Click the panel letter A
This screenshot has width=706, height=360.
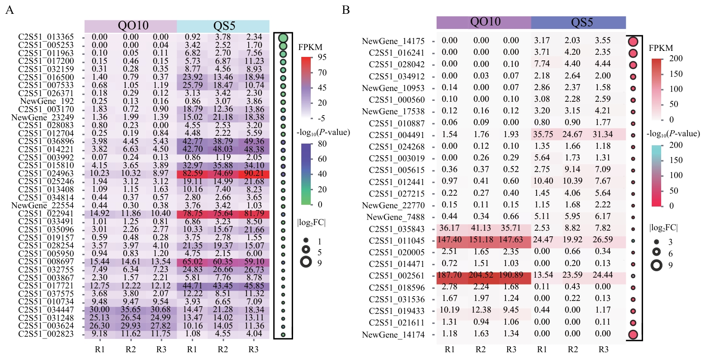9,9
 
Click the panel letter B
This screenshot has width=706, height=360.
346,9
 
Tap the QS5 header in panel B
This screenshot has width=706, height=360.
581,22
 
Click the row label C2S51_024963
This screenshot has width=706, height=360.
46,173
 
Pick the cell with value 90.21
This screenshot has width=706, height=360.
254,173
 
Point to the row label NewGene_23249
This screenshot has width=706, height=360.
42,117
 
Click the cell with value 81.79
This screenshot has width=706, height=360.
254,213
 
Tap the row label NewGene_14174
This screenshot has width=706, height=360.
393,335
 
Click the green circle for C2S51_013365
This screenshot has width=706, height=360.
283,38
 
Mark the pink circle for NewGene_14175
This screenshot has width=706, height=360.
633,42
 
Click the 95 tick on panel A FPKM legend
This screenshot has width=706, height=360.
322,57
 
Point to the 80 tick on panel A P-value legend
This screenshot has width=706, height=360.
322,144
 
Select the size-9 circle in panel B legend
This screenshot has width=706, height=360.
656,265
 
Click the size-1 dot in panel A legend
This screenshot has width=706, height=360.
306,241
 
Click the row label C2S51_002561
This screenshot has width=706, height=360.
397,276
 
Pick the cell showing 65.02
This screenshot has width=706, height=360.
192,262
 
